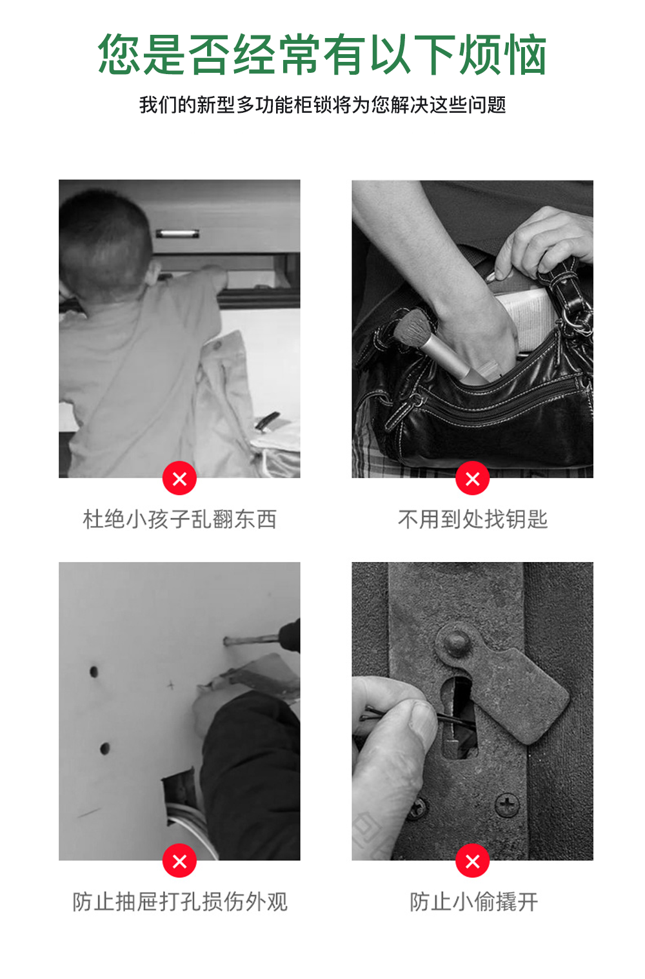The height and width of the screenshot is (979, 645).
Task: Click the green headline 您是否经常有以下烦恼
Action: coord(322,55)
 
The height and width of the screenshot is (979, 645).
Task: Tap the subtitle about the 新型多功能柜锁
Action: coord(322,104)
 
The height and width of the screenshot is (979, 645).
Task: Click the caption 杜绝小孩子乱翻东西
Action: coord(179,519)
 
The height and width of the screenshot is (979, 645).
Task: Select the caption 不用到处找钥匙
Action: coord(472,519)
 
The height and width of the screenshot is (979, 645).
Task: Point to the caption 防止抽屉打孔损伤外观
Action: coord(179,901)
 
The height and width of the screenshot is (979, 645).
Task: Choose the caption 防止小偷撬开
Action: coord(473,901)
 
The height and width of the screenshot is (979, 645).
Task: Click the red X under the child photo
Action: coord(179,479)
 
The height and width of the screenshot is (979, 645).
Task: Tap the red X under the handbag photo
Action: coord(472,479)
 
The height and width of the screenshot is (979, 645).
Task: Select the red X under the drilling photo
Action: coord(179,861)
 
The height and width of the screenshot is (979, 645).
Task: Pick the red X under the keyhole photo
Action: coord(472,861)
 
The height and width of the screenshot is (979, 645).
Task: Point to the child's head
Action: coord(103,238)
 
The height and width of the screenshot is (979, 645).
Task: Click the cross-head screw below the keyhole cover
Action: coord(506,804)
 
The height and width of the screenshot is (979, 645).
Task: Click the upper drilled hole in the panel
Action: coord(94,672)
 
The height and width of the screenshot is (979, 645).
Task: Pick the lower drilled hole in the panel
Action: coord(104,748)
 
